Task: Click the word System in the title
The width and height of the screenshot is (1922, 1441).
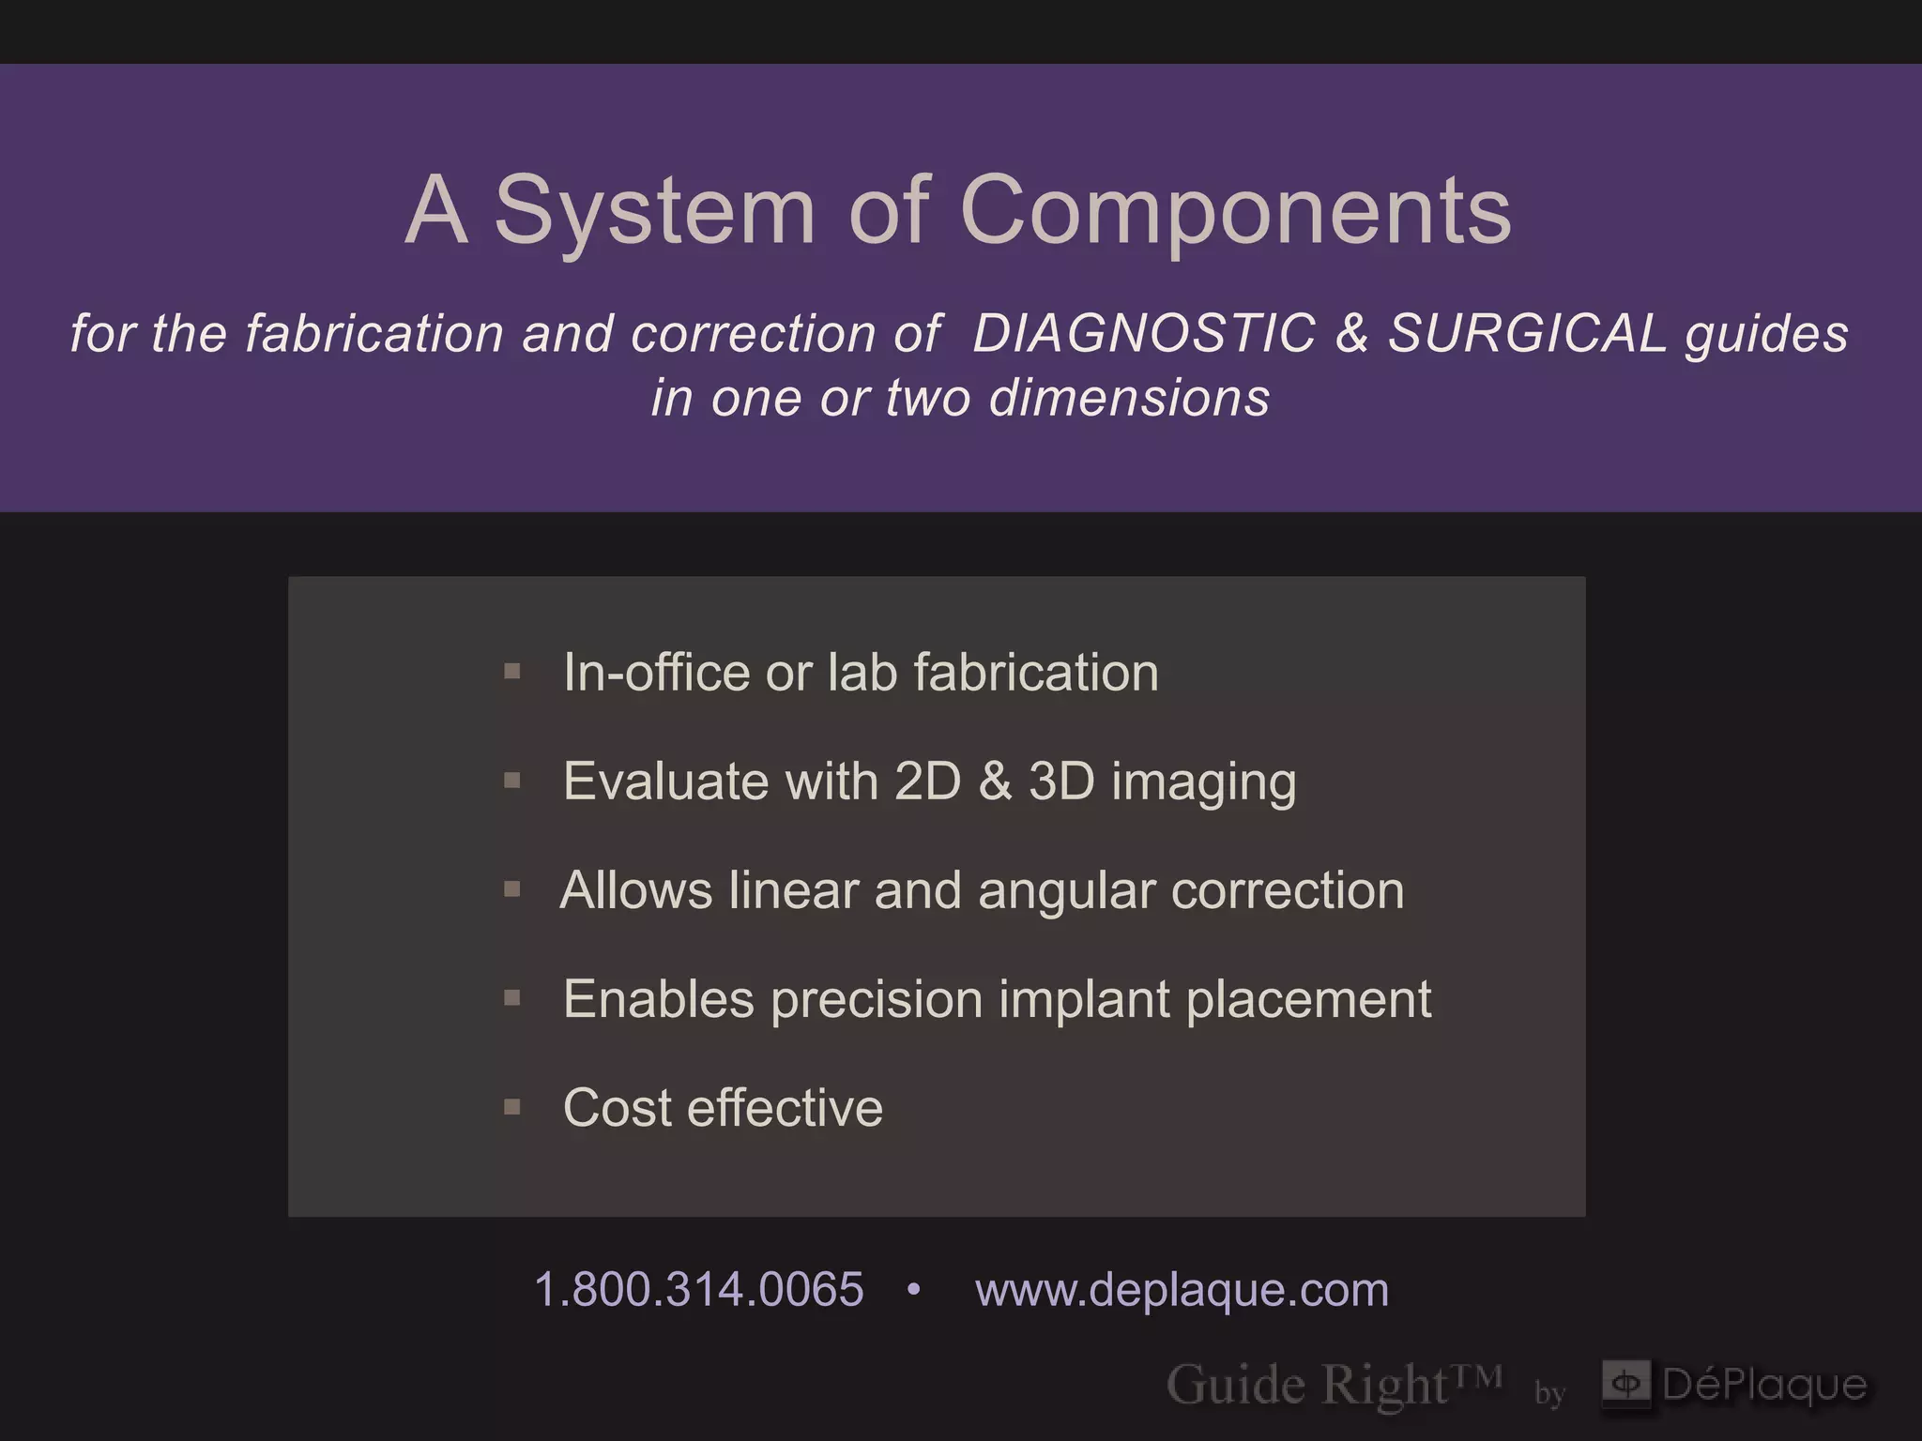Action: click(654, 212)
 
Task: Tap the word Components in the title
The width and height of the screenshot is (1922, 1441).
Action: click(1235, 212)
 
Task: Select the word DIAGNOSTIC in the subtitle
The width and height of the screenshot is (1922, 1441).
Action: click(1144, 334)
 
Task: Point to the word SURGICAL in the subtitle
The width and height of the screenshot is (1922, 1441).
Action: click(1527, 334)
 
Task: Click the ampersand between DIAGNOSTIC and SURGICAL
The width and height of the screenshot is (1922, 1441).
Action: click(1351, 334)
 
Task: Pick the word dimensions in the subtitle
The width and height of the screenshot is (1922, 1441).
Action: click(1129, 398)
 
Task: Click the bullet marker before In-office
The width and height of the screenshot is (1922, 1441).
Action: click(511, 672)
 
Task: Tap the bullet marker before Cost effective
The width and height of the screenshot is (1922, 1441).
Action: click(511, 1107)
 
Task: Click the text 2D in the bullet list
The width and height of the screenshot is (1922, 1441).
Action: click(927, 781)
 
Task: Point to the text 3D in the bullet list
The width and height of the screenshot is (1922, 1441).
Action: click(1061, 781)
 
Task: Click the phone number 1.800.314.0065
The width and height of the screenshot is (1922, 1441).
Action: click(698, 1289)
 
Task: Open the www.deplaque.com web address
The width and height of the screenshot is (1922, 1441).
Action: click(1182, 1290)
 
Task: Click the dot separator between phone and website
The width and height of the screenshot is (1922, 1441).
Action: click(914, 1291)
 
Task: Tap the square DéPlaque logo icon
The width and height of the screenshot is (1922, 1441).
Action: click(1626, 1384)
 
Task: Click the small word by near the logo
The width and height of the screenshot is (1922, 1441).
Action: click(1549, 1392)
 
